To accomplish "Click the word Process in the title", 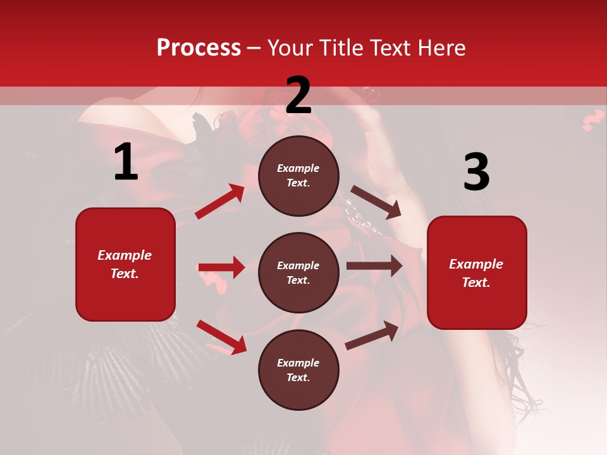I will (199, 48).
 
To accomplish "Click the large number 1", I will (126, 162).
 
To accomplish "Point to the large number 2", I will (298, 95).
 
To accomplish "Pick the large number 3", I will (476, 173).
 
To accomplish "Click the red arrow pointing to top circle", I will (220, 202).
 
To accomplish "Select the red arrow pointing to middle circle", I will (221, 267).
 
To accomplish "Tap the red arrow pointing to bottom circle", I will (221, 337).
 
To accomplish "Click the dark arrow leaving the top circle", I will (376, 202).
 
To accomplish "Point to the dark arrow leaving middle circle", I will (374, 265).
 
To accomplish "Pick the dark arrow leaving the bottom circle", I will (372, 335).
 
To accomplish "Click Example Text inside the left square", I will (125, 264).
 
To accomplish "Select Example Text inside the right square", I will (476, 273).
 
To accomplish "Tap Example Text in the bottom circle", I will (298, 370).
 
